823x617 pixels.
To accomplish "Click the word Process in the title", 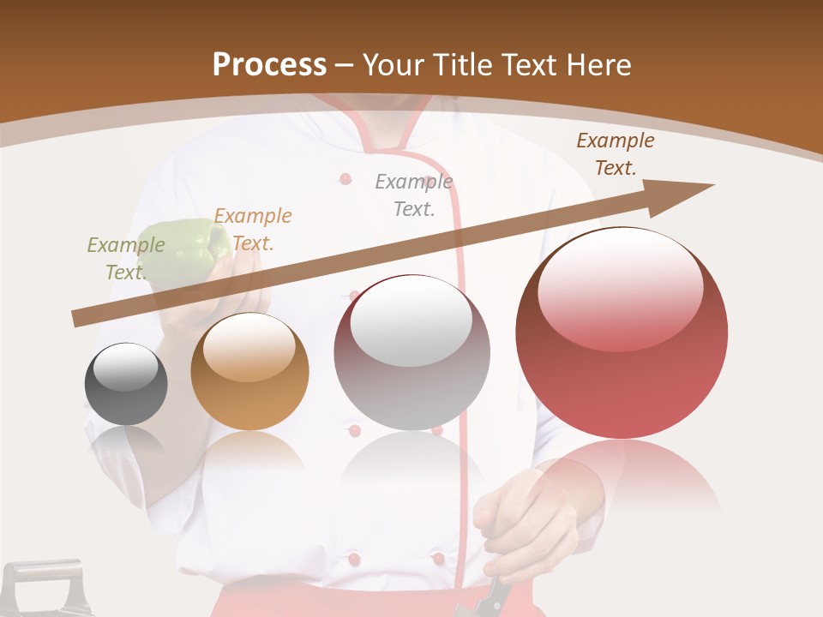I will click(x=269, y=64).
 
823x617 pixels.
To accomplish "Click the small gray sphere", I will click(x=126, y=384).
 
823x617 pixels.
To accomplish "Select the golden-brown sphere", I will click(x=249, y=371).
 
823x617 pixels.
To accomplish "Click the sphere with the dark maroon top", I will click(x=411, y=352).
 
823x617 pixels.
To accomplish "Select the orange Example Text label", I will click(x=253, y=230).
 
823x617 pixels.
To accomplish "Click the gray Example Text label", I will click(x=414, y=195).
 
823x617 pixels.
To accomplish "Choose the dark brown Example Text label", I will click(x=615, y=154).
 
